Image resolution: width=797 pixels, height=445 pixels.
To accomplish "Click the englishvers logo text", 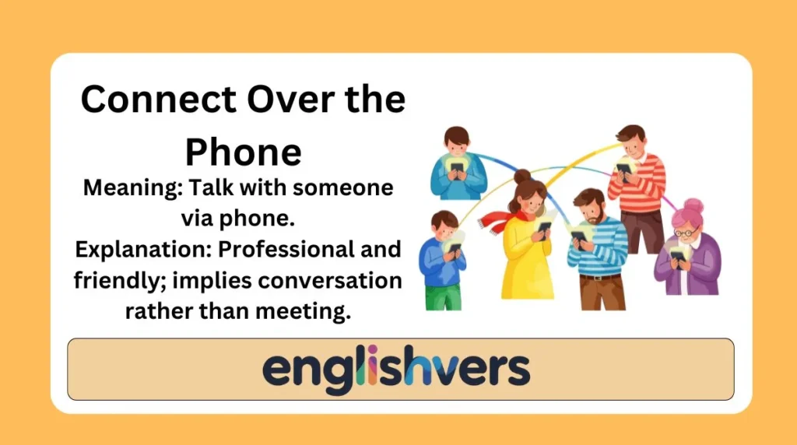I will click(396, 368).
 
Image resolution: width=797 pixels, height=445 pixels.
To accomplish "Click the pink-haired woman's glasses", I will click(684, 232).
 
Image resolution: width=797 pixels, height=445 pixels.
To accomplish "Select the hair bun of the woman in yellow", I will click(522, 177).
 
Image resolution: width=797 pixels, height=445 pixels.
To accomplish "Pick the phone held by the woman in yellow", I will click(544, 226).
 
